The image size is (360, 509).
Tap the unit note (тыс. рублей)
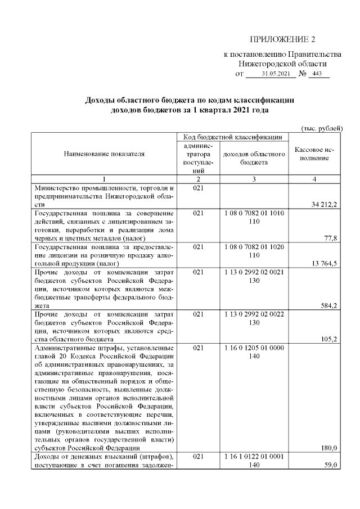pyautogui.click(x=322, y=128)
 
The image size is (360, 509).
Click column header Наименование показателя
pyautogui.click(x=103, y=153)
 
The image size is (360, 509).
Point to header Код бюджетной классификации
pyautogui.click(x=232, y=137)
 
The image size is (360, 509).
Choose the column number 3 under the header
pyautogui.click(x=254, y=179)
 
